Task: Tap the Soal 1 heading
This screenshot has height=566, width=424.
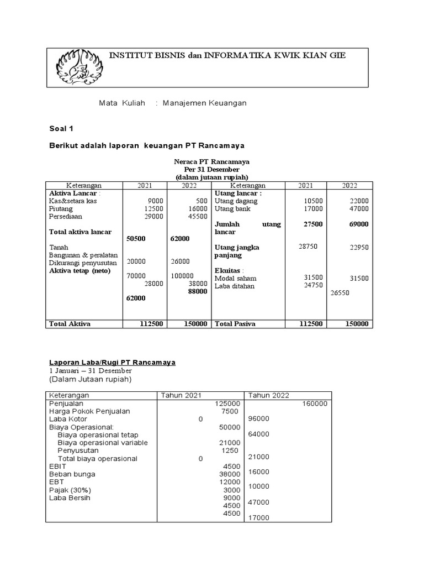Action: pos(61,129)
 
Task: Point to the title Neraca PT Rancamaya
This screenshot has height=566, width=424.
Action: pos(211,161)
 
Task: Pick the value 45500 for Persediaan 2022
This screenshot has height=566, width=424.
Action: pos(197,217)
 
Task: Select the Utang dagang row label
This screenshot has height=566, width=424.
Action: pos(236,201)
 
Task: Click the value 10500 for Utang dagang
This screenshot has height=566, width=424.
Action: pos(314,201)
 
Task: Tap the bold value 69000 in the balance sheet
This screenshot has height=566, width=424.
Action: pos(359,224)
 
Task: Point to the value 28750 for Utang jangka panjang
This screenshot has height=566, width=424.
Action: pos(308,247)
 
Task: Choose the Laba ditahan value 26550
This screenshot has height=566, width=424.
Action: pos(340,293)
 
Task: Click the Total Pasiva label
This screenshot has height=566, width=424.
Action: pos(235,324)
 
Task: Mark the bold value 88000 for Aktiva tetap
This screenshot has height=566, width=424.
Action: pos(197,291)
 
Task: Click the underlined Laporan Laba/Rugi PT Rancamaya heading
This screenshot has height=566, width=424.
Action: pos(113,362)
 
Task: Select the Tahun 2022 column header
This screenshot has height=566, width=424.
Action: pos(268,395)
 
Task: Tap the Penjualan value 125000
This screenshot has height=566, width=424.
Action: pos(227,403)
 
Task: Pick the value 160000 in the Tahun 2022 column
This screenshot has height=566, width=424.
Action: pos(315,403)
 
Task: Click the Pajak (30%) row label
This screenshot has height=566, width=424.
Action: pos(70,490)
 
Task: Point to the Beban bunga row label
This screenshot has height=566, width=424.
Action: pos(72,474)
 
